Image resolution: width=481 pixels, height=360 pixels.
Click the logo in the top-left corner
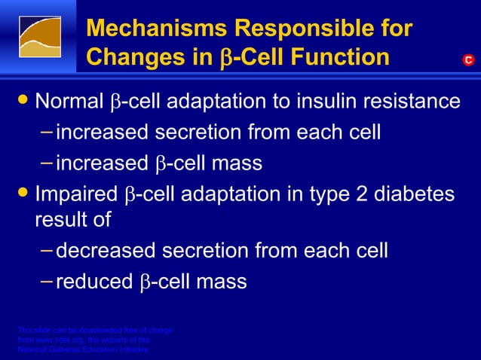click(x=39, y=37)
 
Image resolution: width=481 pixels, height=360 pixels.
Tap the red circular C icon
click(x=468, y=59)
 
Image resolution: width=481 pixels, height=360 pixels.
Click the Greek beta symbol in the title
click(x=226, y=59)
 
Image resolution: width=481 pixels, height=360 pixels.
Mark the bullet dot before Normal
click(x=24, y=101)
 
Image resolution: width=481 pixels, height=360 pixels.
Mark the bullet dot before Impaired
click(x=24, y=194)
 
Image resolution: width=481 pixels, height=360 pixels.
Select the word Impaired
click(x=77, y=194)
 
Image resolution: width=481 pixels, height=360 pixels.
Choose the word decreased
click(x=103, y=250)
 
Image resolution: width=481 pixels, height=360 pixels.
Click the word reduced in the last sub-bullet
click(x=96, y=282)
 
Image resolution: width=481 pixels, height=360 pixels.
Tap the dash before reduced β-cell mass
click(x=47, y=281)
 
